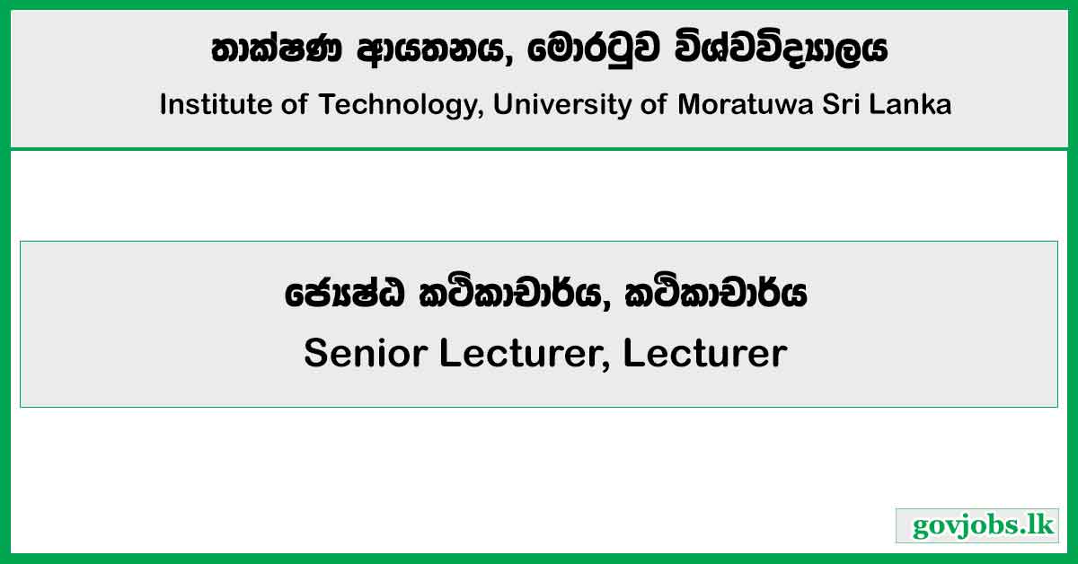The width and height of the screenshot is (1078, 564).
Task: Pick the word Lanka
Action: [914, 105]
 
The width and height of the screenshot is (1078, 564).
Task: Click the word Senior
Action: [366, 353]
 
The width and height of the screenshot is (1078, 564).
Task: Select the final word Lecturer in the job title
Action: [704, 353]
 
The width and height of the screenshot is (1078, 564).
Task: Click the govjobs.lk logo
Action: [976, 525]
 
